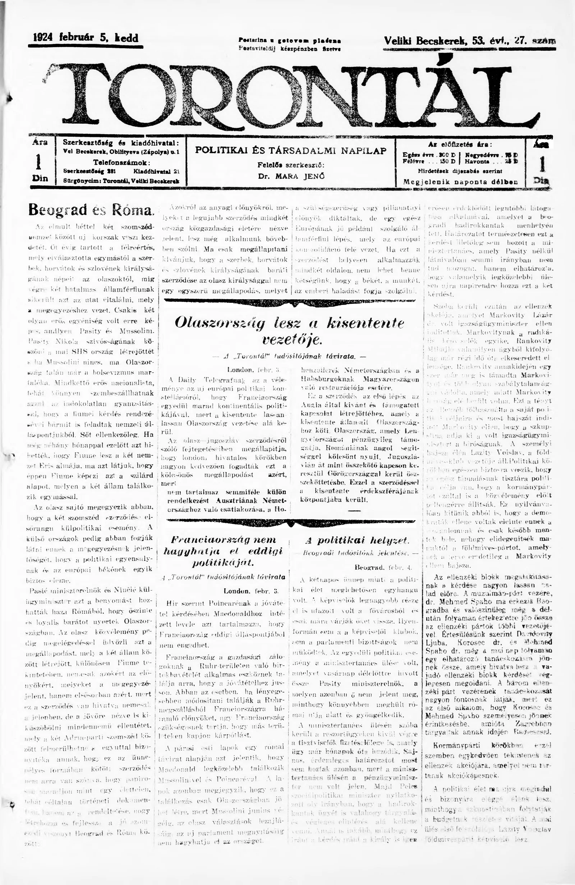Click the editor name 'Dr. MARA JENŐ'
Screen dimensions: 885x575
pyautogui.click(x=291, y=176)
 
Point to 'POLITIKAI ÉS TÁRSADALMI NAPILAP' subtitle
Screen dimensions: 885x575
pyautogui.click(x=291, y=151)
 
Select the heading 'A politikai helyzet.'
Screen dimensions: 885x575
pyautogui.click(x=357, y=540)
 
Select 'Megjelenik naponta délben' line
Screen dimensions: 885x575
pyautogui.click(x=460, y=183)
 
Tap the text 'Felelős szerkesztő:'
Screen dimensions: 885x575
pyautogui.click(x=291, y=164)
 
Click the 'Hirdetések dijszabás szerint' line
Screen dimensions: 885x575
pyautogui.click(x=460, y=172)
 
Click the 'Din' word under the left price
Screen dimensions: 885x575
pyautogui.click(x=40, y=178)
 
